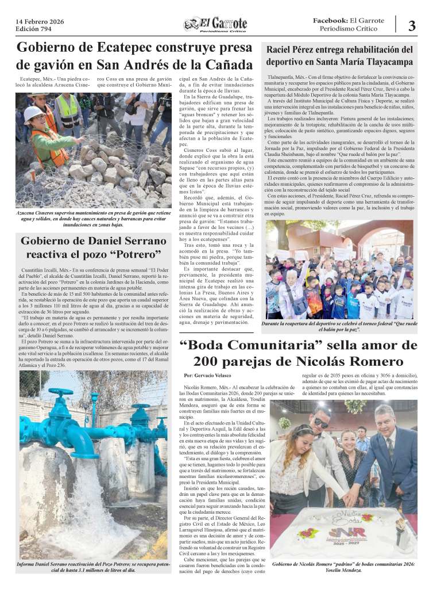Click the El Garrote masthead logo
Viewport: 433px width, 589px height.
pyautogui.click(x=216, y=25)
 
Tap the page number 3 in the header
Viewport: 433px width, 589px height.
pyautogui.click(x=412, y=25)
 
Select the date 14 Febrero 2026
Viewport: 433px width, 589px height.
pyautogui.click(x=40, y=21)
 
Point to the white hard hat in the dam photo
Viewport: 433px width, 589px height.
pyautogui.click(x=33, y=112)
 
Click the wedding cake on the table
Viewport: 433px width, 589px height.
pyautogui.click(x=345, y=532)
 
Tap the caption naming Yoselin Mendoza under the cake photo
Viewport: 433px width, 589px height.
pyautogui.click(x=343, y=567)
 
